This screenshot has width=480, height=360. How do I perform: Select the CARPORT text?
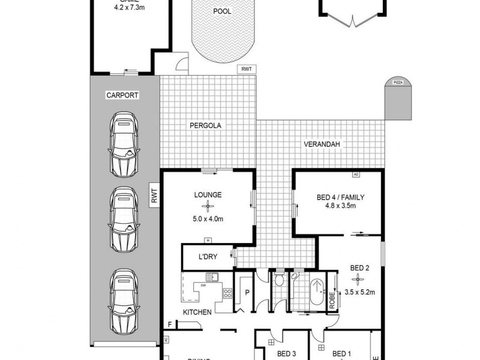(122, 95)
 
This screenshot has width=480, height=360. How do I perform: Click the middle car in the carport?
(124, 220)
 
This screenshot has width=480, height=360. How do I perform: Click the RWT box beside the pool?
(247, 70)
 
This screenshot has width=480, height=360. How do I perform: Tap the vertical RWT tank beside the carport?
(154, 197)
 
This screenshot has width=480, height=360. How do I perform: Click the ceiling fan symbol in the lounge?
(208, 206)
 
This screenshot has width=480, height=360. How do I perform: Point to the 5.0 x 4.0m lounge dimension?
(208, 219)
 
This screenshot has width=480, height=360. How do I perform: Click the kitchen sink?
(211, 277)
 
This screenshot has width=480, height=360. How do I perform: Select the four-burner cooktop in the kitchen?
(228, 293)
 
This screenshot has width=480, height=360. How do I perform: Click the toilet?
(278, 280)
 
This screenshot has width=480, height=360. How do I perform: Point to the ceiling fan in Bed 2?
(359, 278)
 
